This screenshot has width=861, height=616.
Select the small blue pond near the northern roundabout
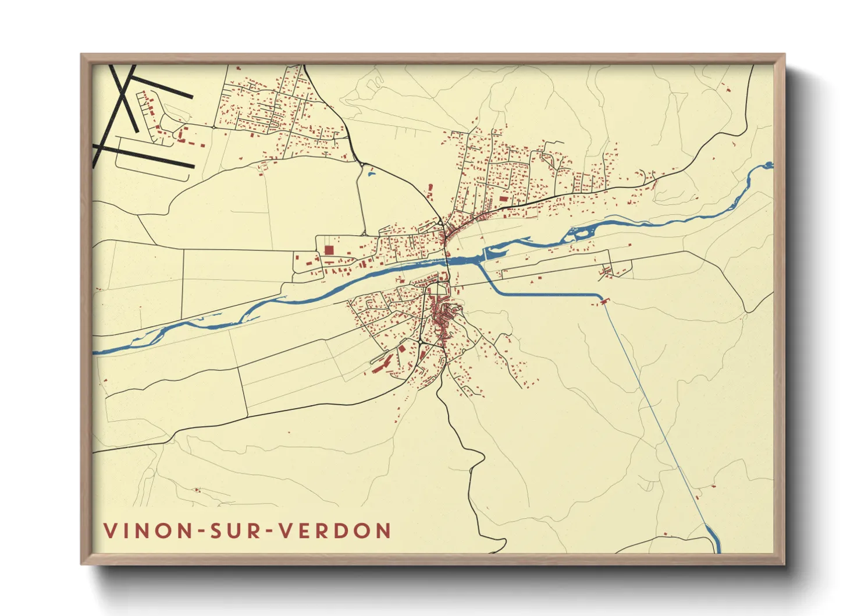(371, 172)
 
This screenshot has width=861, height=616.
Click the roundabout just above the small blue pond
(362, 164)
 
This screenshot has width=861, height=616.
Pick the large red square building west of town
(329, 250)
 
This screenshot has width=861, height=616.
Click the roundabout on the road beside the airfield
(214, 126)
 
